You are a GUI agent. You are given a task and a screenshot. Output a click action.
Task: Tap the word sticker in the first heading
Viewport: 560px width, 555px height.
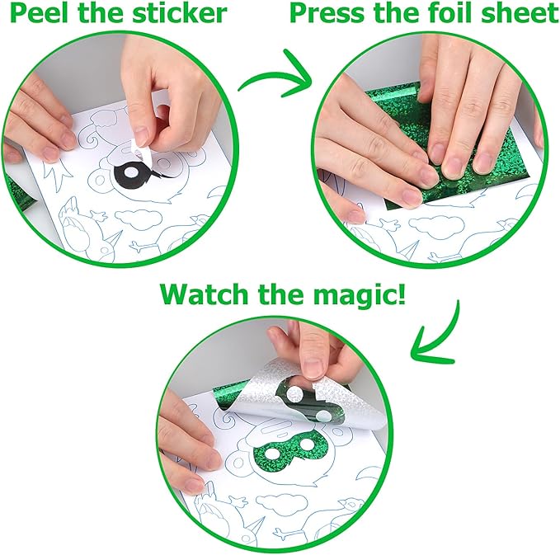[x=179, y=13]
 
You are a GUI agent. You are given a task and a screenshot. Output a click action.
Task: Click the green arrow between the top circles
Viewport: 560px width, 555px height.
[x=275, y=77]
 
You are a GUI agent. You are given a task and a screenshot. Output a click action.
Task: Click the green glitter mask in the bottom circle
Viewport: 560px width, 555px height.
[x=290, y=448]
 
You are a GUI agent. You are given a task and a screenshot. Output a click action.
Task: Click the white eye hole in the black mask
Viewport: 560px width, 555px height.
[x=130, y=172]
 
